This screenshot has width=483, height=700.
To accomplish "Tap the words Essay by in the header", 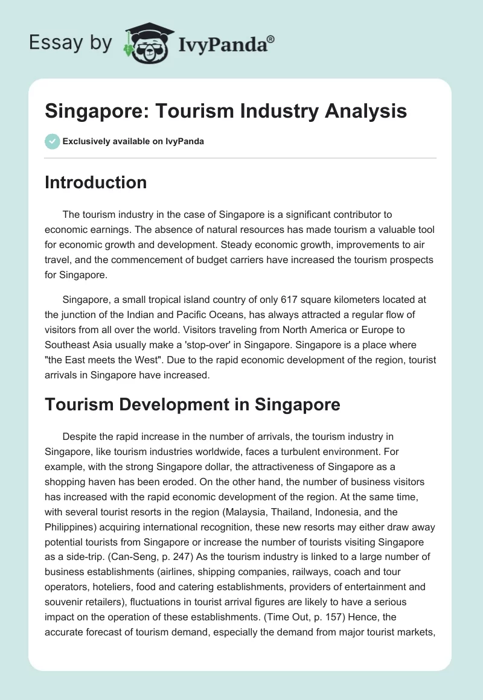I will [71, 43].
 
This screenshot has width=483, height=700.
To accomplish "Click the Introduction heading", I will [95, 182].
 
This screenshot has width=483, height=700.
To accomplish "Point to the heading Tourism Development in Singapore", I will [193, 405].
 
